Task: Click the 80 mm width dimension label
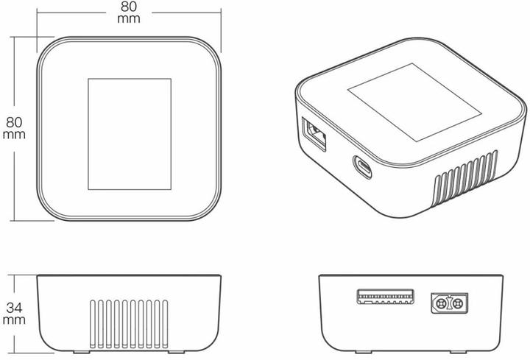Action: (x=129, y=13)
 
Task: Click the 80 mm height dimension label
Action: (x=14, y=128)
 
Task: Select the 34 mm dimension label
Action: (x=14, y=314)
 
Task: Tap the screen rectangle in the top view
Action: (x=130, y=134)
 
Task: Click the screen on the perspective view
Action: (x=414, y=102)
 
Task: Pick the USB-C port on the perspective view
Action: (x=362, y=166)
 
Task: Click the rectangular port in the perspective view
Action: (x=314, y=134)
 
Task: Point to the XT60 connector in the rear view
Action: (x=450, y=303)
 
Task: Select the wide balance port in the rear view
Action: (x=386, y=297)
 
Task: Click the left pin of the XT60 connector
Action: (x=441, y=303)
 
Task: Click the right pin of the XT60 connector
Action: (x=458, y=303)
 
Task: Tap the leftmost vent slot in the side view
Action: (x=93, y=324)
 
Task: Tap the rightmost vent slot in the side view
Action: (x=165, y=324)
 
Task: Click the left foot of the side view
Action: (x=82, y=352)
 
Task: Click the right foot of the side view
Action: (x=177, y=352)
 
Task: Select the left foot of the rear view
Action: (x=364, y=352)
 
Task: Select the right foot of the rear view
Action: (x=458, y=352)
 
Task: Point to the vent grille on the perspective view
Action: (x=466, y=178)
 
